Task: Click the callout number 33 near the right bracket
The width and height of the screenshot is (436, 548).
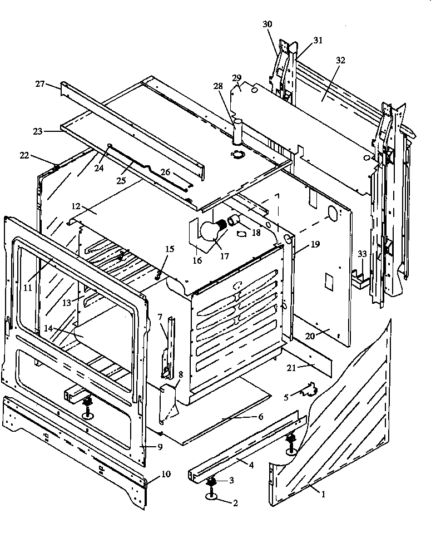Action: coord(362,254)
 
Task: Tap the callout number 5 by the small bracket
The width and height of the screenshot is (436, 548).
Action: coord(286,397)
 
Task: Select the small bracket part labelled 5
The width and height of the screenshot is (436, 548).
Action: coord(306,389)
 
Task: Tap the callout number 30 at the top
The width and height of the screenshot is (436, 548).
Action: coord(267,24)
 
